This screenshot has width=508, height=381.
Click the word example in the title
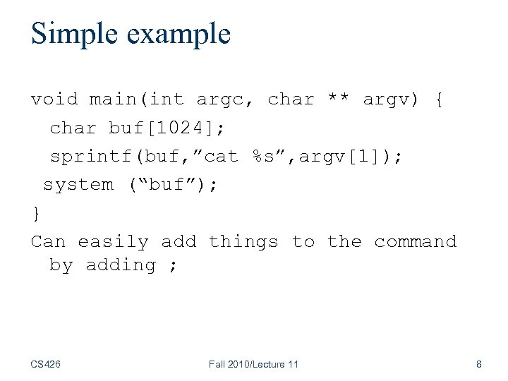point(179,34)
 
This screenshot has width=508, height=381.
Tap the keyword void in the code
point(54,99)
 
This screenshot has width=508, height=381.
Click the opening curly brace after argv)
point(440,99)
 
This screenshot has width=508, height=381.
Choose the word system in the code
point(78,185)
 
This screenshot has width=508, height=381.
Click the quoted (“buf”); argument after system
point(173,185)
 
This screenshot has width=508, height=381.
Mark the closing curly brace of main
point(36,213)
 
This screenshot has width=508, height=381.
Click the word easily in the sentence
point(114,242)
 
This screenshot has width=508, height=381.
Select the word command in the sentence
point(416,242)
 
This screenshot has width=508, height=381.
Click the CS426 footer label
point(46,364)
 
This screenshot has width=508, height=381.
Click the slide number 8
point(479,364)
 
